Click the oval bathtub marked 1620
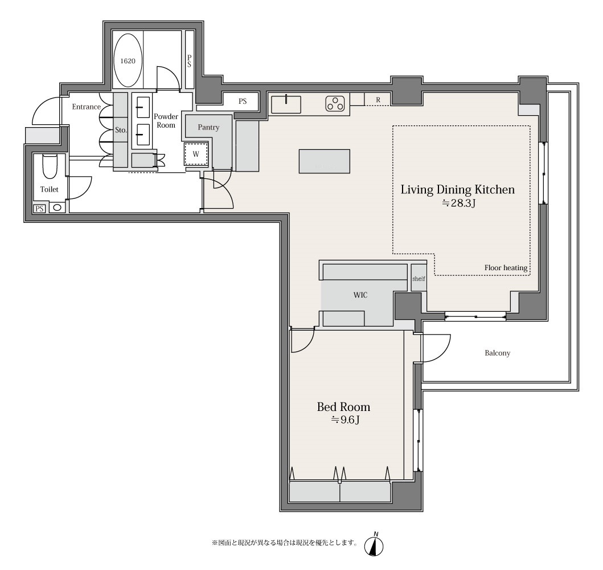click(x=128, y=61)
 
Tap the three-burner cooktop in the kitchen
click(x=335, y=104)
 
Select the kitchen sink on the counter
click(x=286, y=104)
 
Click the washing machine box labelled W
click(x=196, y=154)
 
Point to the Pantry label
click(x=208, y=127)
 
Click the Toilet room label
click(x=49, y=189)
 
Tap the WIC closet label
click(x=360, y=295)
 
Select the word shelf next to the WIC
click(x=419, y=278)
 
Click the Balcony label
click(x=497, y=353)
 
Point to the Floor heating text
click(x=506, y=268)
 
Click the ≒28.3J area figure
click(x=458, y=203)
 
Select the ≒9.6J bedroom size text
click(x=345, y=420)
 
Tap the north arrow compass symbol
click(x=374, y=544)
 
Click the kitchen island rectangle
click(x=324, y=161)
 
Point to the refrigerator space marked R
click(x=378, y=100)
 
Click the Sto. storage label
click(x=121, y=130)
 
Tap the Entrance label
click(x=86, y=107)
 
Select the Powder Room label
click(x=166, y=120)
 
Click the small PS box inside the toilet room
click(x=39, y=209)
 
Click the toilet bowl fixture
click(x=50, y=166)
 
